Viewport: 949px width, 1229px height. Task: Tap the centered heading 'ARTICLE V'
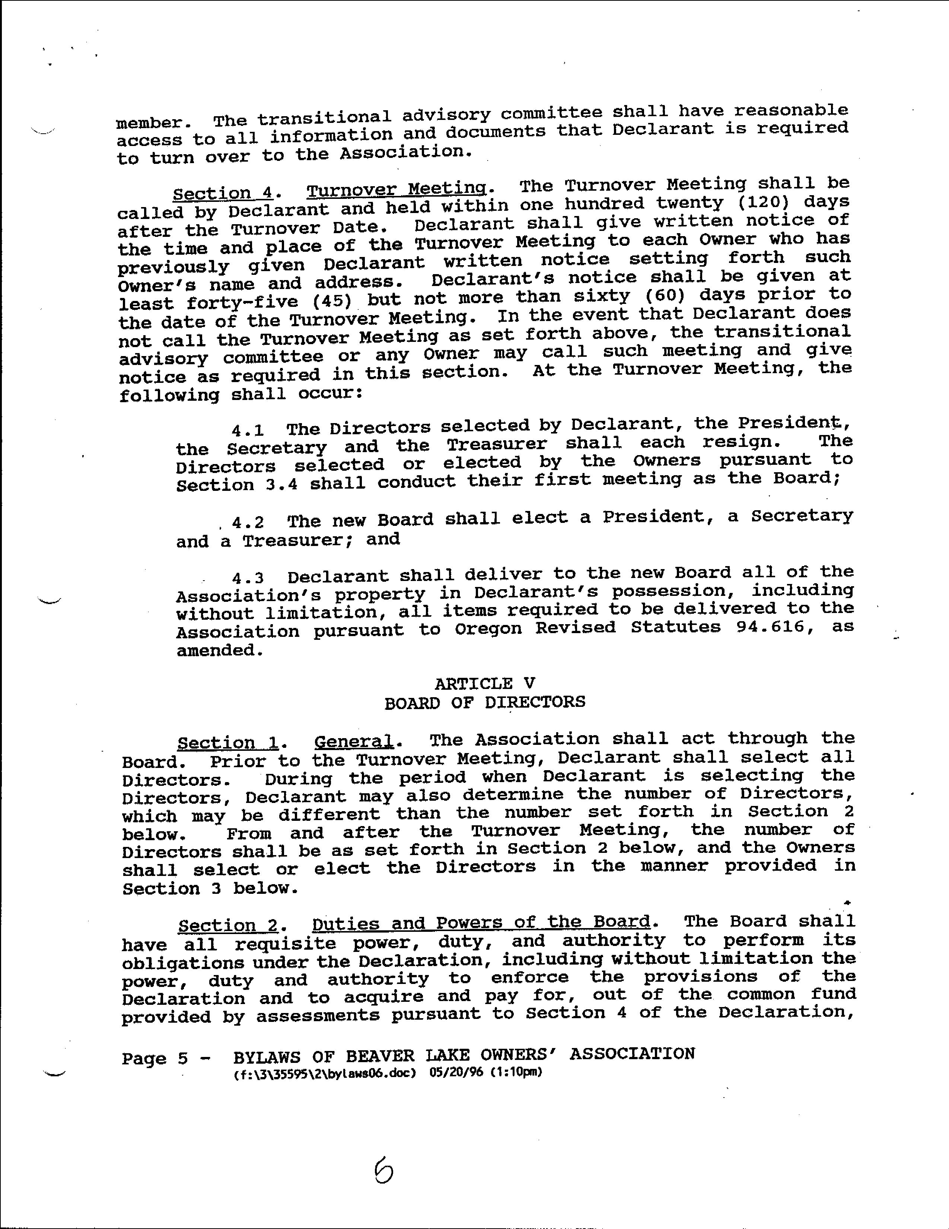point(484,684)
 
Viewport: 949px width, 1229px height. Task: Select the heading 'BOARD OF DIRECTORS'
point(484,702)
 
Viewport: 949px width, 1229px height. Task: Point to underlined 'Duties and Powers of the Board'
point(481,924)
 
